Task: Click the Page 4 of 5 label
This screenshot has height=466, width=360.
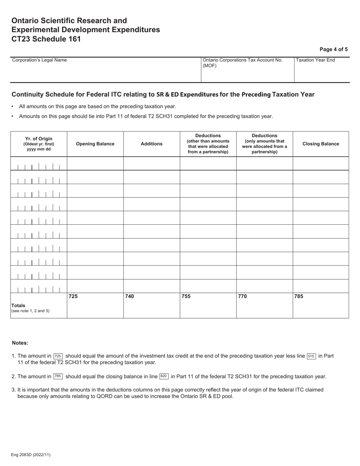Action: [333, 49]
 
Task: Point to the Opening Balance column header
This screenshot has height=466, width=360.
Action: [95, 144]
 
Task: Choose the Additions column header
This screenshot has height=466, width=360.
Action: [152, 144]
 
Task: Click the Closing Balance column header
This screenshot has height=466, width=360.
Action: [321, 144]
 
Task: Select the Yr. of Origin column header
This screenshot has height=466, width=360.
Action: [39, 144]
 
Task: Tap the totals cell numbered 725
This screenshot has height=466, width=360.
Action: [95, 305]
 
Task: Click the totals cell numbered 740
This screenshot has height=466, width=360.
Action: [152, 305]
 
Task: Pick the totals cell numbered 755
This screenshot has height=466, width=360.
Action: [208, 305]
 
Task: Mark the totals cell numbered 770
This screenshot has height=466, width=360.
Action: [265, 305]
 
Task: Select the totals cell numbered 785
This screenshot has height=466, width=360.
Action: [321, 305]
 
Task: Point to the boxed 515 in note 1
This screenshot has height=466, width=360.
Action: [311, 356]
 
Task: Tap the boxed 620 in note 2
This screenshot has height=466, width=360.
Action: [164, 377]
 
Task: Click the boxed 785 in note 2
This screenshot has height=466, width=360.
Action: [58, 377]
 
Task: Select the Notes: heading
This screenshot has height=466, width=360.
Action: [20, 343]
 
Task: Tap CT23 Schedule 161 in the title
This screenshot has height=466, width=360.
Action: [46, 39]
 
